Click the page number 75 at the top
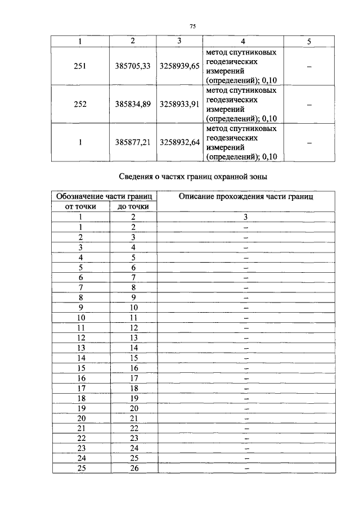pyautogui.click(x=192, y=26)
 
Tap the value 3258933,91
pyautogui.click(x=179, y=104)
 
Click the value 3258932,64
pyautogui.click(x=179, y=142)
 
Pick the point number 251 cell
pyautogui.click(x=80, y=66)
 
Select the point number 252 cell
pyautogui.click(x=80, y=104)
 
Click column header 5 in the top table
pyautogui.click(x=309, y=42)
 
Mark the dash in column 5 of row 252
pyautogui.click(x=309, y=104)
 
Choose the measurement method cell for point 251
pyautogui.click(x=242, y=66)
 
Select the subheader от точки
pyautogui.click(x=81, y=206)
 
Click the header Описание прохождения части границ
pyautogui.click(x=246, y=196)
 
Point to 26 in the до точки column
pyautogui.click(x=133, y=468)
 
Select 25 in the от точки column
pyautogui.click(x=81, y=468)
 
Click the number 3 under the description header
pyautogui.click(x=246, y=217)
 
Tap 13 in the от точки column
pyautogui.click(x=81, y=348)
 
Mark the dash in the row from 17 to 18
pyautogui.click(x=246, y=388)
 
